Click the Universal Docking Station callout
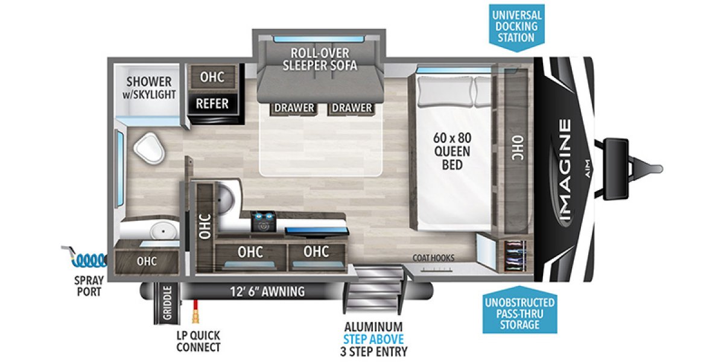(515, 25)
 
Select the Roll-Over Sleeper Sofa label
(320, 59)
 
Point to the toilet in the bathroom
(149, 148)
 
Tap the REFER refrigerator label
(212, 103)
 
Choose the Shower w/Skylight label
(149, 87)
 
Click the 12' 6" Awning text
(266, 292)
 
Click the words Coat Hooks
(434, 258)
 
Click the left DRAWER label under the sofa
(294, 108)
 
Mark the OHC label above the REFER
(212, 77)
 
